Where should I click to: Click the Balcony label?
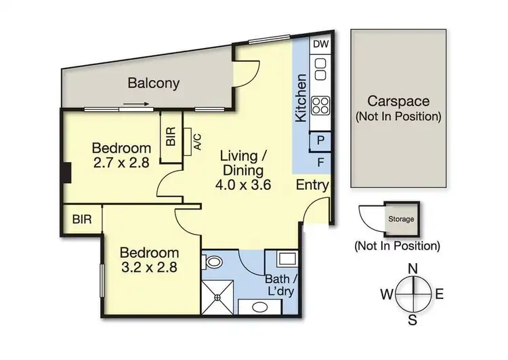(x=154, y=84)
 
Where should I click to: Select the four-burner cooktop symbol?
(x=320, y=106)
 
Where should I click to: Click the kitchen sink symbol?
(x=320, y=69)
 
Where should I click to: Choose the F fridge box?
(x=320, y=162)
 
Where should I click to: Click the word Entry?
(x=312, y=185)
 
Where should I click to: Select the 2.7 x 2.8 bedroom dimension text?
(x=121, y=163)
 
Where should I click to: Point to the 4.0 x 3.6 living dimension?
(x=245, y=184)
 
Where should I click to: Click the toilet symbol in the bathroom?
(x=213, y=261)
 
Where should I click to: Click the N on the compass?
(x=411, y=268)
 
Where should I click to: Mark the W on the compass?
(x=385, y=294)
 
